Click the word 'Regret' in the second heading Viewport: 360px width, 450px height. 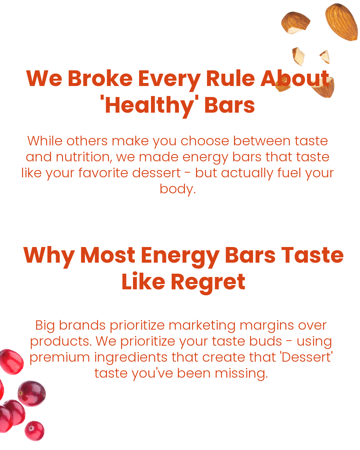[x=208, y=283]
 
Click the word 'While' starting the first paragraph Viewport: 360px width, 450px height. [x=45, y=141]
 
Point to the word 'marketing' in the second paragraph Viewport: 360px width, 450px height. [x=202, y=326]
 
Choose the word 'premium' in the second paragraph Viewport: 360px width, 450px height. [x=60, y=358]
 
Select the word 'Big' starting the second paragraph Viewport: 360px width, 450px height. [x=45, y=326]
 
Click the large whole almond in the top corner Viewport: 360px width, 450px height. [x=341, y=22]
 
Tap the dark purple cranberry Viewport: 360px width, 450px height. [x=32, y=394]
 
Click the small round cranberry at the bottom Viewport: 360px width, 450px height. [x=35, y=431]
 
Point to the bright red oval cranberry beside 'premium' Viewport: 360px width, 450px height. [x=12, y=362]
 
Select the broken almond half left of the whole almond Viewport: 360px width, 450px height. [x=295, y=23]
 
